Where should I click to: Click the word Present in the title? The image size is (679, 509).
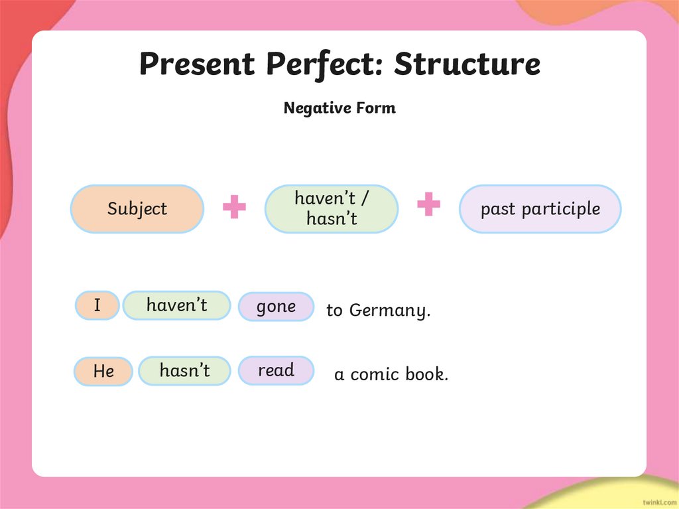(197, 64)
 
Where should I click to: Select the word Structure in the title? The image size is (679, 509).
(467, 64)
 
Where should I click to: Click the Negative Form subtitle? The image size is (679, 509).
(339, 108)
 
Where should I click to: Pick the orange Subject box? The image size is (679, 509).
(137, 209)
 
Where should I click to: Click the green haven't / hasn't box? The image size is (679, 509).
(332, 208)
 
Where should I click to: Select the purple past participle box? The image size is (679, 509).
(540, 209)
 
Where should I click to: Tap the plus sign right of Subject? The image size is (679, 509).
(234, 207)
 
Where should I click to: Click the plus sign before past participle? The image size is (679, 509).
(428, 204)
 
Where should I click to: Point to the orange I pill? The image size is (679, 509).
(97, 306)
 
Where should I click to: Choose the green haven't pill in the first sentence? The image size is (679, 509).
(176, 305)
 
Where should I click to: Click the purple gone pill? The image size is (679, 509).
(276, 307)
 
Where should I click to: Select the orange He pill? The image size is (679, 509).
(103, 372)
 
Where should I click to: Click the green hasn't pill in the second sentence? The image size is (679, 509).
(184, 371)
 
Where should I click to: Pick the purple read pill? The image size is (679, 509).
(276, 370)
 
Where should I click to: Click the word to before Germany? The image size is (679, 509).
(334, 311)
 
